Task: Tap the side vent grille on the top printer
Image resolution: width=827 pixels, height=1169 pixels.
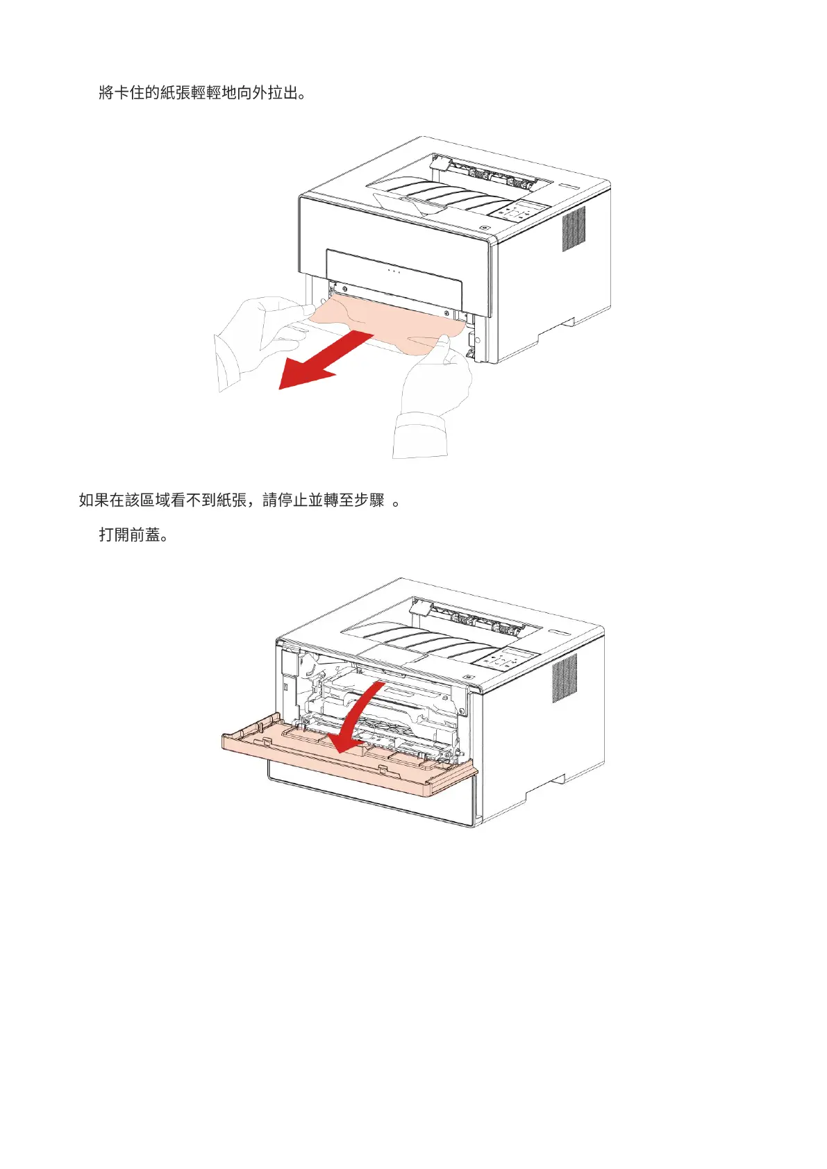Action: tap(574, 229)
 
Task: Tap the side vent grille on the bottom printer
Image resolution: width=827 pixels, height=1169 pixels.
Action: tap(564, 678)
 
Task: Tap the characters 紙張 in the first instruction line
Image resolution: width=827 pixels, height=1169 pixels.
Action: tap(176, 93)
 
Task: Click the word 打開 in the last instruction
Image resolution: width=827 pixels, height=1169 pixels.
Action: tap(114, 535)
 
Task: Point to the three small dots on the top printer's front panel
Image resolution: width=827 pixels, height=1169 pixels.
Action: tap(394, 271)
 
